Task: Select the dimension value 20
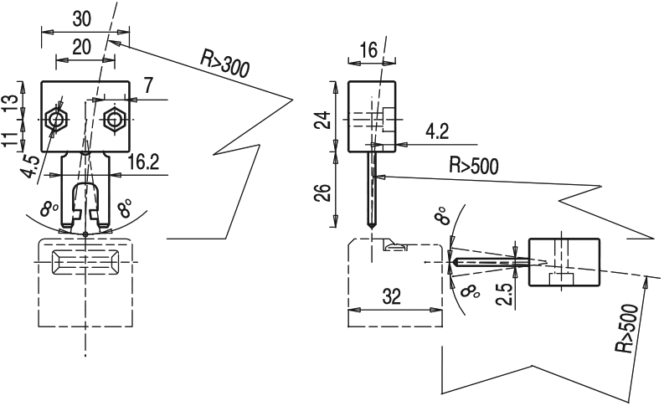coord(82,48)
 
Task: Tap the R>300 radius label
coord(224,63)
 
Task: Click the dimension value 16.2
coord(144,162)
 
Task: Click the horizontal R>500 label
coord(475,165)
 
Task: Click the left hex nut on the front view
coord(56,121)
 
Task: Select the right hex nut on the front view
coord(114,121)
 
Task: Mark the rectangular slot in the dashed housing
coord(85,261)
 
